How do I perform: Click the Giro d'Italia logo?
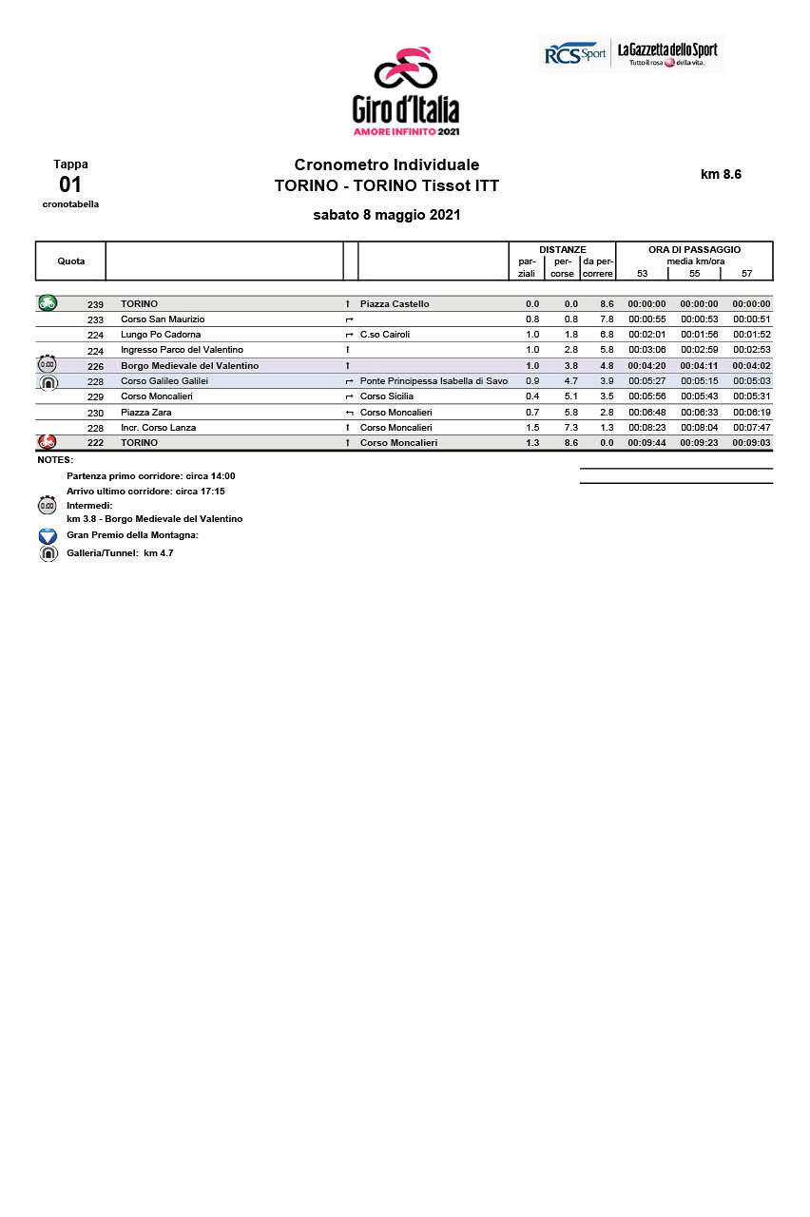pyautogui.click(x=405, y=91)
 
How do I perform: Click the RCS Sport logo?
pyautogui.click(x=574, y=53)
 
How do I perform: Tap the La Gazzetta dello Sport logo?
pyautogui.click(x=667, y=53)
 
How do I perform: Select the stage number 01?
pyautogui.click(x=70, y=184)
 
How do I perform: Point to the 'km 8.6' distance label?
pyautogui.click(x=721, y=174)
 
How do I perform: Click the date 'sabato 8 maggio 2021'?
pyautogui.click(x=387, y=215)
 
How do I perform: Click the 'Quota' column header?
pyautogui.click(x=70, y=261)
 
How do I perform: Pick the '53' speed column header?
pyautogui.click(x=643, y=274)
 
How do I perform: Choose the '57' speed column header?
pyautogui.click(x=746, y=274)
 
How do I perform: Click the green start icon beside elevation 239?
pyautogui.click(x=48, y=303)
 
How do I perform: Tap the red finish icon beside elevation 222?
pyautogui.click(x=47, y=442)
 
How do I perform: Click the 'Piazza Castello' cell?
pyautogui.click(x=395, y=304)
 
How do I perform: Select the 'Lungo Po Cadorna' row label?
pyautogui.click(x=161, y=335)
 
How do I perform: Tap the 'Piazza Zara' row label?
pyautogui.click(x=146, y=413)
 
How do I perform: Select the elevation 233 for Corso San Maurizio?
pyautogui.click(x=95, y=320)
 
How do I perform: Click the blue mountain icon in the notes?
pyautogui.click(x=48, y=536)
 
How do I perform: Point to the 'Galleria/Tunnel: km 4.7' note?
pyautogui.click(x=120, y=553)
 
